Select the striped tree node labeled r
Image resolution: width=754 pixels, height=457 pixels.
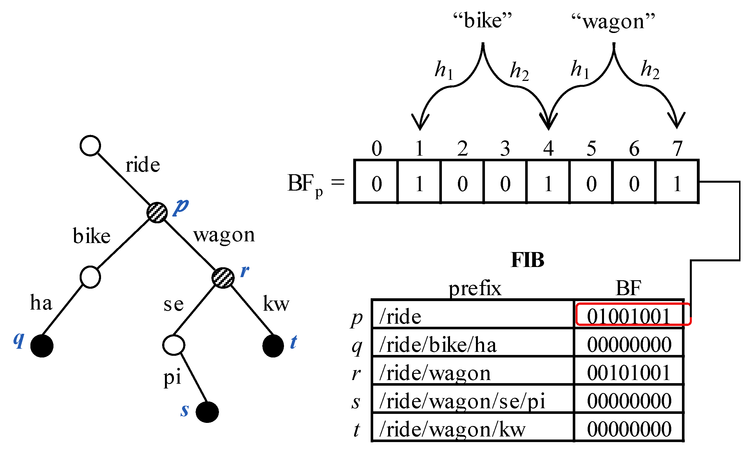click(x=223, y=278)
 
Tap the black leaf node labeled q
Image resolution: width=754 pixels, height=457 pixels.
click(x=42, y=346)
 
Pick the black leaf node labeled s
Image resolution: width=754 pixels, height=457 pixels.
click(x=207, y=412)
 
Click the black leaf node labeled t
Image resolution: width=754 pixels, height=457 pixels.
click(x=273, y=346)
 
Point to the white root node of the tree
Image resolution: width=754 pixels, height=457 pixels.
click(x=90, y=145)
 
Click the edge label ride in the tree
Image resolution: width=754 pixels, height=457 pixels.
click(x=143, y=165)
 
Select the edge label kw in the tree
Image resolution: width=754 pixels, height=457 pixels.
click(x=276, y=304)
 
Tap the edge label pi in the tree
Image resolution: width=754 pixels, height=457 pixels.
click(x=172, y=377)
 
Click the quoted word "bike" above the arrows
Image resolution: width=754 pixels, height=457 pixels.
click(x=483, y=21)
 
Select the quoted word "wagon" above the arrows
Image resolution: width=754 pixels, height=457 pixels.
click(x=613, y=21)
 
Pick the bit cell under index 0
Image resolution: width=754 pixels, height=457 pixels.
click(x=377, y=184)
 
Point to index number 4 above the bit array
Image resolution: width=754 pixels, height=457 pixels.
click(x=548, y=149)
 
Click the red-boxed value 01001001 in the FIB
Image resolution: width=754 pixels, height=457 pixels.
click(x=628, y=316)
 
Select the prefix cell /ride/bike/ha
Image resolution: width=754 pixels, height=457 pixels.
click(x=438, y=345)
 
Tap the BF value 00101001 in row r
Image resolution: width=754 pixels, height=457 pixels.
click(x=628, y=373)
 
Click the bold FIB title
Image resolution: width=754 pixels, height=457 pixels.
click(x=527, y=260)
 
